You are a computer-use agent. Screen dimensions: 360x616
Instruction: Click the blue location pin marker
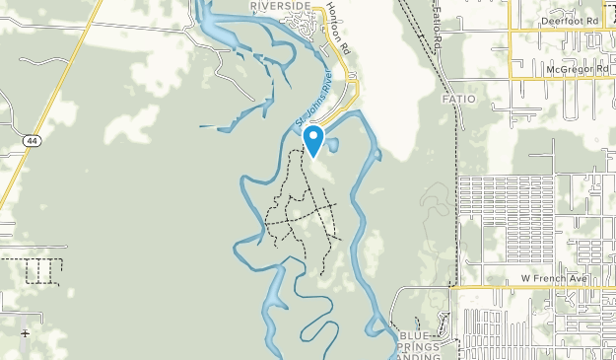[313, 139]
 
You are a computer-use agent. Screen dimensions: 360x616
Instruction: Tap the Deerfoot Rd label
[570, 20]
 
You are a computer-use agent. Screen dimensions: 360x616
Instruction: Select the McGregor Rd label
[572, 71]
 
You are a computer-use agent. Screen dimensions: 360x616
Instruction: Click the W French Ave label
[554, 280]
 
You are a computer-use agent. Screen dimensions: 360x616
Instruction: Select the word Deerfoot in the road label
[561, 20]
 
